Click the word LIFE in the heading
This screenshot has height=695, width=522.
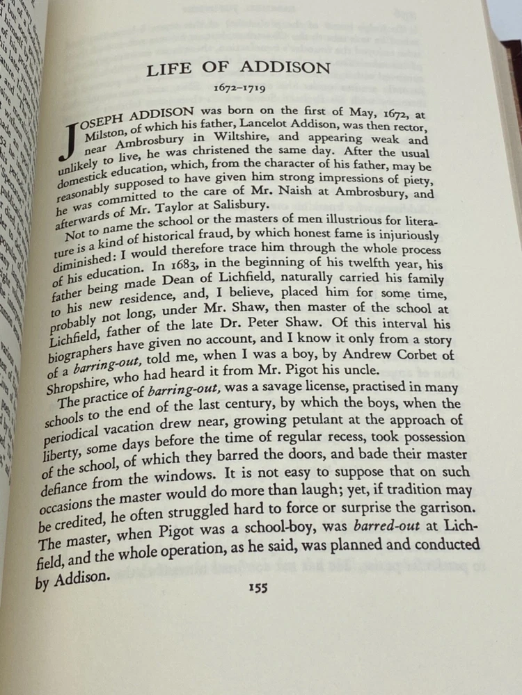click(x=170, y=69)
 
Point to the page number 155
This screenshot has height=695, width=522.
click(x=258, y=587)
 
